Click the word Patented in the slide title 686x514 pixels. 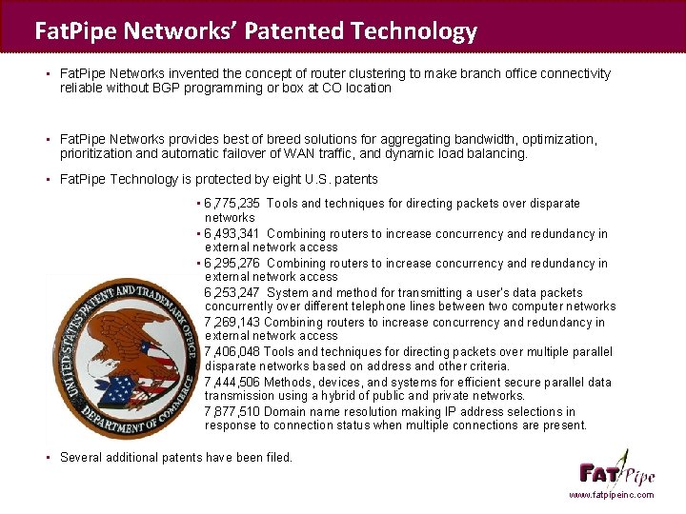tap(294, 31)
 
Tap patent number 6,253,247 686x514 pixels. tap(232, 293)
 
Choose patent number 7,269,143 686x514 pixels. tap(232, 323)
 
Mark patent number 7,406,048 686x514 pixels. tap(232, 352)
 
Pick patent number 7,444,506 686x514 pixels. tap(232, 382)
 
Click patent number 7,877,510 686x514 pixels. tap(232, 411)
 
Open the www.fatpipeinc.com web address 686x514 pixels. tap(612, 495)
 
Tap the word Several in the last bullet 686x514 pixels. tap(82, 457)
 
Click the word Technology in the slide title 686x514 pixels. tap(414, 31)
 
